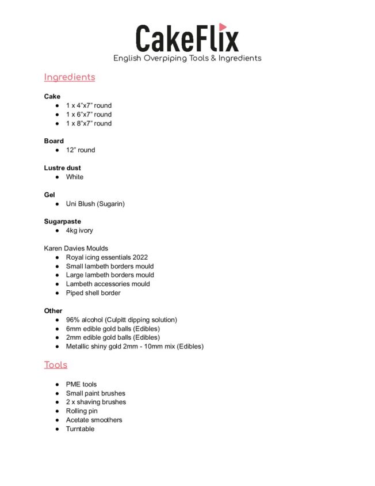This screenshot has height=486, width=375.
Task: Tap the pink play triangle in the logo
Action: pos(223,26)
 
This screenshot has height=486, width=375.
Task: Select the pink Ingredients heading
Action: pos(70,77)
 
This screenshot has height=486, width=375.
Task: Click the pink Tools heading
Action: pos(56,364)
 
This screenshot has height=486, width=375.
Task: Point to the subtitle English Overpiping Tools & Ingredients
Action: pos(187,58)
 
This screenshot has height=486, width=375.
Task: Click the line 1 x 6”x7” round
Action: pos(89,115)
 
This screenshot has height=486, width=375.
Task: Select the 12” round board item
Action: pos(81,150)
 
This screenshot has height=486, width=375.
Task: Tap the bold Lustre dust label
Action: pos(63,168)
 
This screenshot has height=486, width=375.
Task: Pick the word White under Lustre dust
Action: pos(75,177)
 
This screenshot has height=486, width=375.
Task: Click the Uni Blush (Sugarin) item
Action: pos(95,203)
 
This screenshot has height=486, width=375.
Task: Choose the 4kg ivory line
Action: pos(79,230)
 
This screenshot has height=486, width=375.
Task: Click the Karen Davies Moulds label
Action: pos(76,248)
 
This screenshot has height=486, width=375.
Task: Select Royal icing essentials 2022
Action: pos(107,257)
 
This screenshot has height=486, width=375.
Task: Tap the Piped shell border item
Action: pos(93,293)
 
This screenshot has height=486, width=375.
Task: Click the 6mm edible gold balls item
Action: pos(113,328)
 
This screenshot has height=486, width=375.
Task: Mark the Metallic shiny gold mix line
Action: pos(135,346)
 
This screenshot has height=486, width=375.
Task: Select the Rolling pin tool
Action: pos(82,411)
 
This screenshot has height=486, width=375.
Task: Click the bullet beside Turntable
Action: pos(58,429)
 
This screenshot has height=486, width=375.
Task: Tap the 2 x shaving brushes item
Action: pos(96,402)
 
